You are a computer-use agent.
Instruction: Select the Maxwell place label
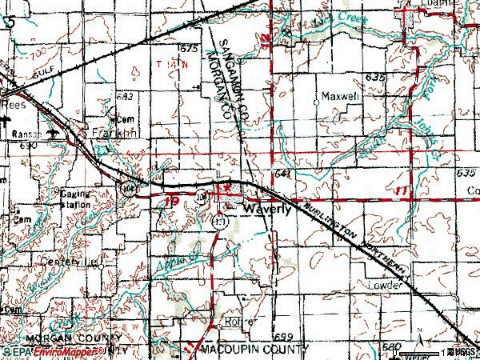tap(337, 97)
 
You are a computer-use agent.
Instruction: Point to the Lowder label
tap(383, 284)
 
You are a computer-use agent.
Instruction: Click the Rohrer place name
tap(238, 321)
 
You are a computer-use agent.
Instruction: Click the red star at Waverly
tap(228, 186)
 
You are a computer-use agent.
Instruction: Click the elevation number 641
tap(280, 174)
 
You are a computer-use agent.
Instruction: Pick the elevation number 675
tap(188, 49)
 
